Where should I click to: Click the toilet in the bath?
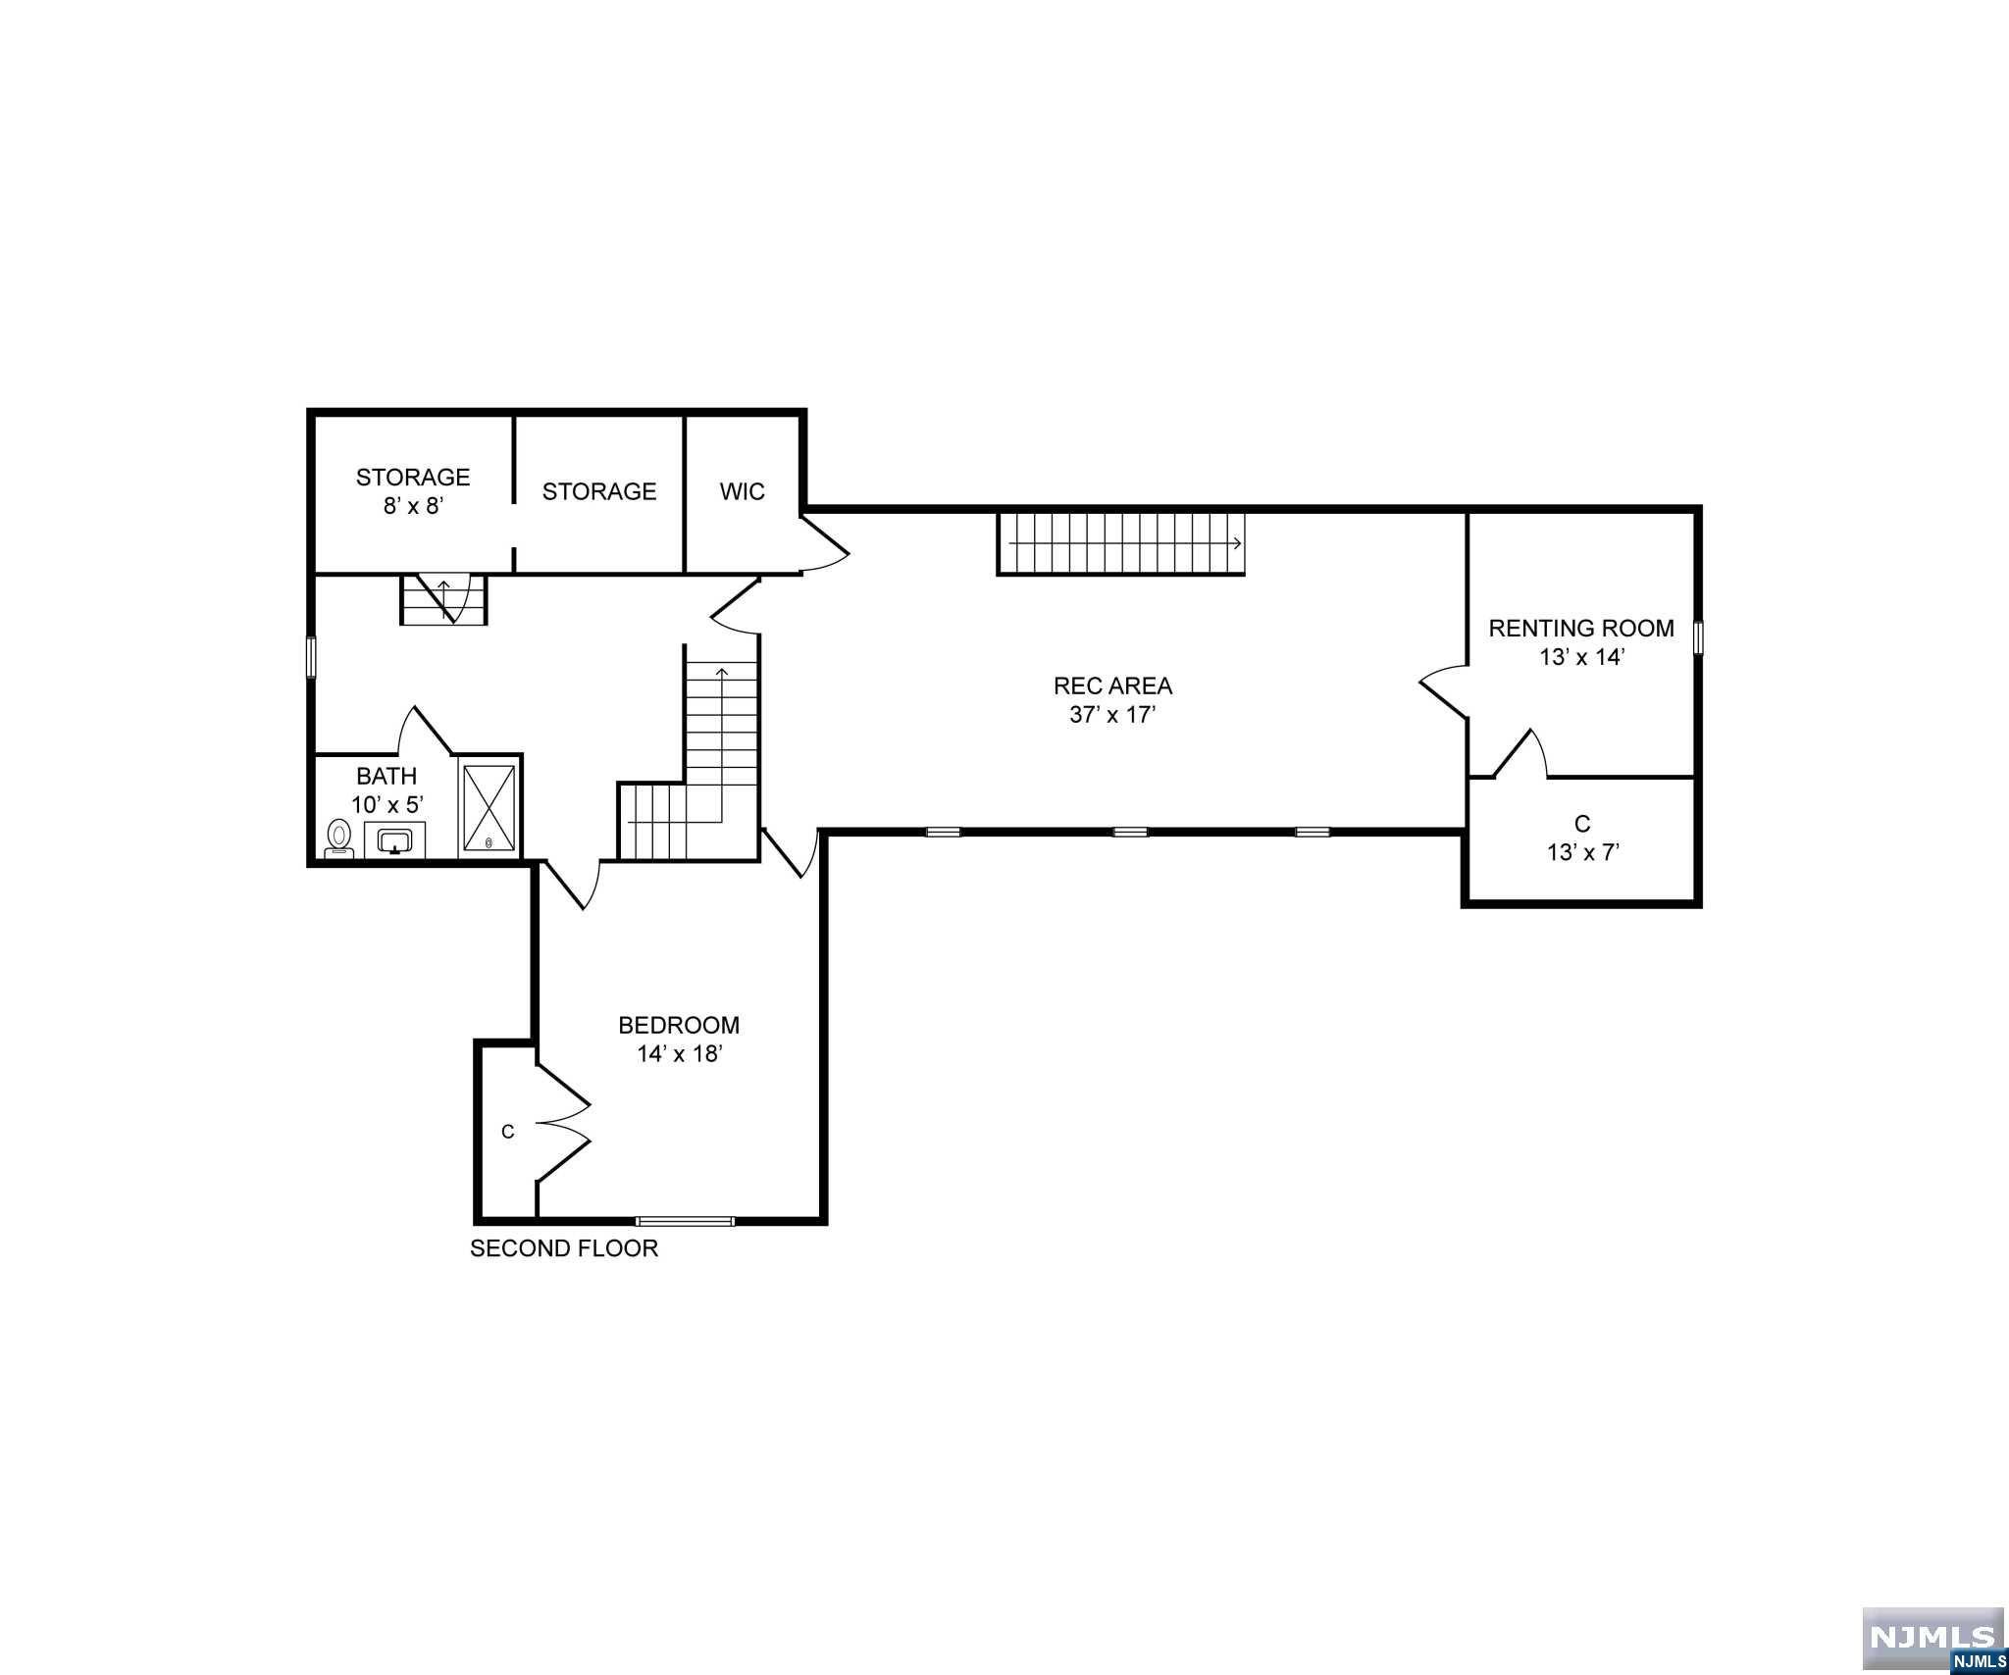339,838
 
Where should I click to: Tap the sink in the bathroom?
395,840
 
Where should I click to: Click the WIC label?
742,491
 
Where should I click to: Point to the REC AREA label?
1112,685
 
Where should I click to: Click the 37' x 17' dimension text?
1112,715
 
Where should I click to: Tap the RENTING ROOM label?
1580,629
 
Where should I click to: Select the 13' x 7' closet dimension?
1582,852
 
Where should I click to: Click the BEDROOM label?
679,1025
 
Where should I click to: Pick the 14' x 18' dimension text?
679,1054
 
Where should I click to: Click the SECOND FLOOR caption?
564,1248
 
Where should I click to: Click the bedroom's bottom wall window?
684,1221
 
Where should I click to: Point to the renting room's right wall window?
1699,636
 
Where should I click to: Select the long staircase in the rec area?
1121,542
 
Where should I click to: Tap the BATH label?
386,776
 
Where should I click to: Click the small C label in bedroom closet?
507,1132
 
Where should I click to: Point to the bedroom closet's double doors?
563,1122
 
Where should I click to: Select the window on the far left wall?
312,656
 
